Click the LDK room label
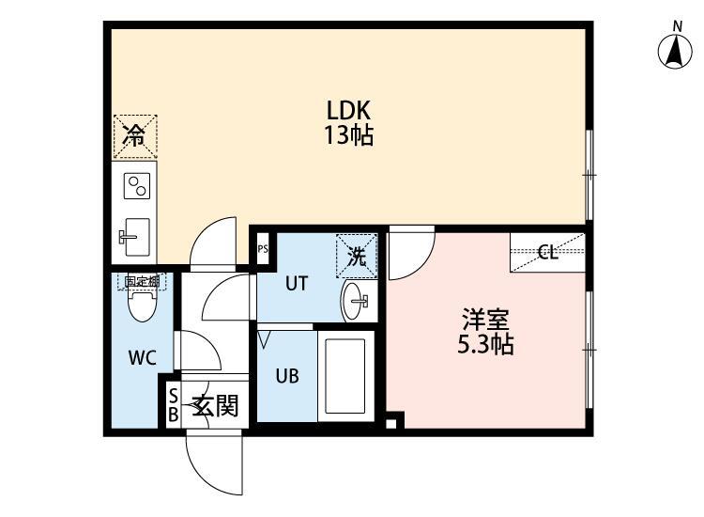click(x=348, y=108)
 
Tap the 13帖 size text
click(x=348, y=135)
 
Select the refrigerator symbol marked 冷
click(x=135, y=136)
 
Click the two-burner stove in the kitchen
click(x=137, y=185)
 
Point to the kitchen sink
click(x=135, y=234)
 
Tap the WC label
click(x=142, y=357)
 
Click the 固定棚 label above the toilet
click(x=143, y=280)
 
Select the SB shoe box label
click(x=173, y=405)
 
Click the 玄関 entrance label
click(x=215, y=406)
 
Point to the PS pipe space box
click(x=263, y=249)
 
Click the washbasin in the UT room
click(x=358, y=301)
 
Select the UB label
click(x=287, y=374)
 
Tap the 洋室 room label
click(x=484, y=319)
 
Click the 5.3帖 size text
click(x=484, y=345)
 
